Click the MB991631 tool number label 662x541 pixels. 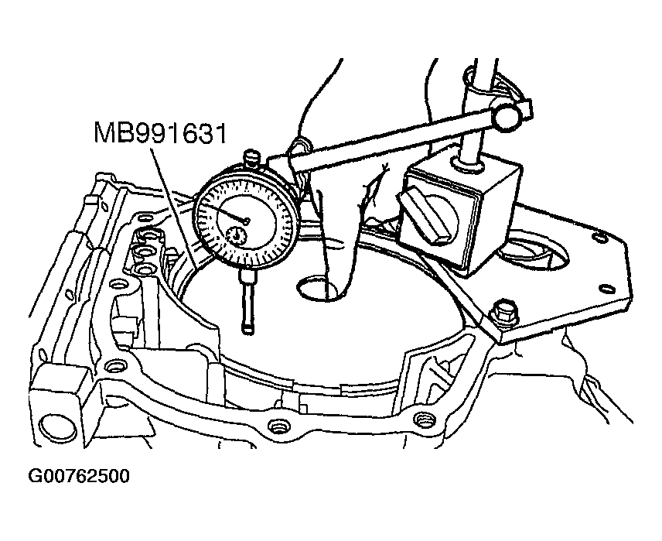(x=161, y=133)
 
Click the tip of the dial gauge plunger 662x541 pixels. (x=247, y=330)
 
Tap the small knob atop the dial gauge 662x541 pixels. (x=251, y=159)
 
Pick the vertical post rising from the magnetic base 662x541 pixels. (x=472, y=116)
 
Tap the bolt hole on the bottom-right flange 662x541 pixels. (x=421, y=419)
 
